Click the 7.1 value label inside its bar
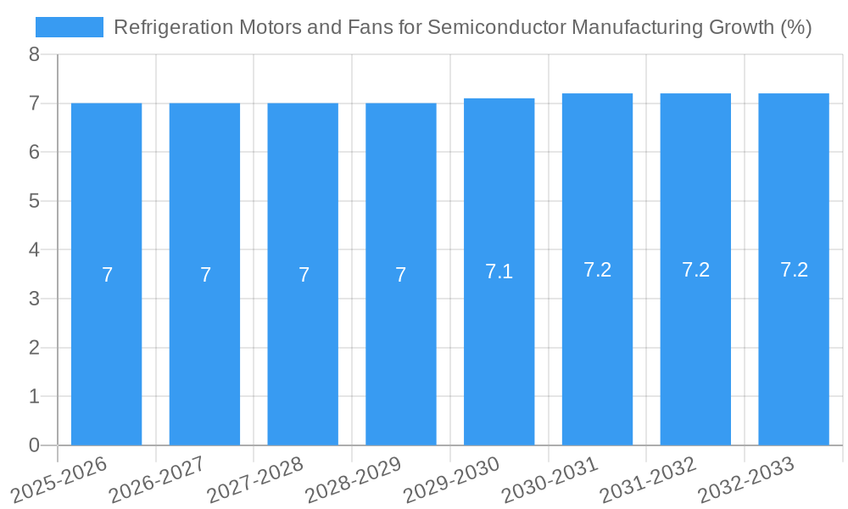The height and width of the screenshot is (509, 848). click(x=499, y=271)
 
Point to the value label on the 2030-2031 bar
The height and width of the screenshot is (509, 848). click(x=597, y=270)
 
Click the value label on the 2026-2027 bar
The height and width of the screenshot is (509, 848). click(x=205, y=275)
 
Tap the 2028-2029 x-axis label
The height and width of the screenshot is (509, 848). click(x=353, y=479)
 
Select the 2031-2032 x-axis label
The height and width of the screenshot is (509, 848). click(x=648, y=479)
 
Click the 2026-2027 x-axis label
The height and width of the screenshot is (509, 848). click(x=157, y=479)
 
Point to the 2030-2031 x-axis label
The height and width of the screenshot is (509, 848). click(x=550, y=479)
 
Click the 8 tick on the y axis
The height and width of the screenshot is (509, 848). click(x=34, y=54)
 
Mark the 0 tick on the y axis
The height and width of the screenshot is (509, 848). click(x=34, y=445)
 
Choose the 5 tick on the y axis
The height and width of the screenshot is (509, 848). click(x=34, y=201)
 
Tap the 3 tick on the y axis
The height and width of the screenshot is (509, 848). click(x=34, y=299)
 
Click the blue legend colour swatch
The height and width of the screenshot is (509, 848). click(x=69, y=27)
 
